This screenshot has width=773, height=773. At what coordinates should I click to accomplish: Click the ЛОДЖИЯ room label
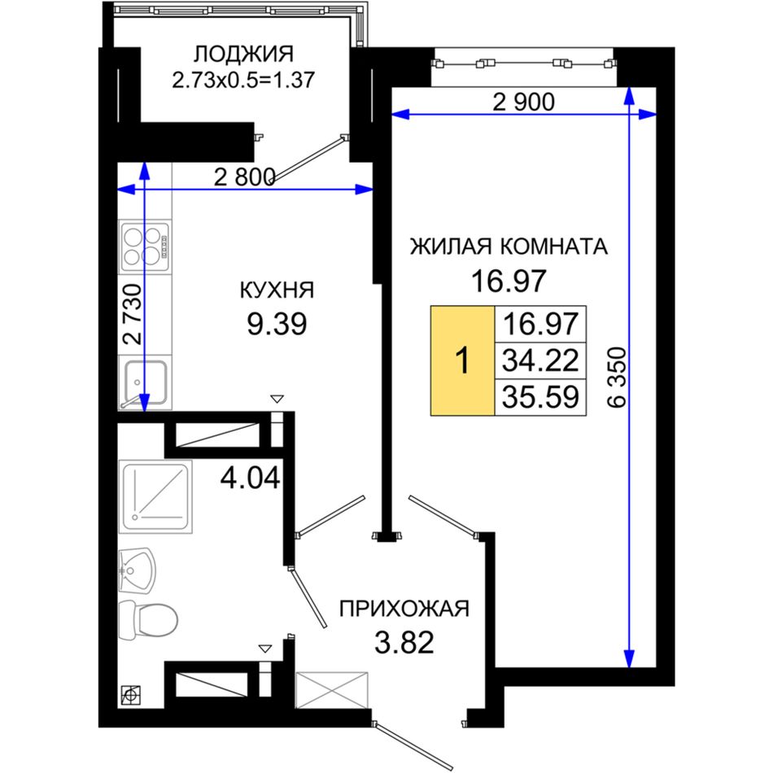[243, 55]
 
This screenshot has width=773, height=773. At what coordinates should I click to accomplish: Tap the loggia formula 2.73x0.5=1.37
[243, 80]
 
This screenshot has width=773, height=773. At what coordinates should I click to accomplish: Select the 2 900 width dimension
[523, 102]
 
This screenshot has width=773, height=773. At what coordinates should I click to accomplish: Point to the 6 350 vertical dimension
[617, 377]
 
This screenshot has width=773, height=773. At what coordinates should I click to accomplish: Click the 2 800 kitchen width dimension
[245, 177]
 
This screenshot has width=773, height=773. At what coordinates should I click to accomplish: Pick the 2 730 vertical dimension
[133, 314]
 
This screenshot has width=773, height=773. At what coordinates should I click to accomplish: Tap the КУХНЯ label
[277, 290]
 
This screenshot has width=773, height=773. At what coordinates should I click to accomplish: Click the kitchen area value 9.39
[277, 324]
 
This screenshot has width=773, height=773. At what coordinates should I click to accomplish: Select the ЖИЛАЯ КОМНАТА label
[509, 247]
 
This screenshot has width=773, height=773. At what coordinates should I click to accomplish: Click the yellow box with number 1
[462, 360]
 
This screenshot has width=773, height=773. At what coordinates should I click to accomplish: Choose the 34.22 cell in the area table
[540, 360]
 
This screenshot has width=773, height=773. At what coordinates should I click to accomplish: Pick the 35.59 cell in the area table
[540, 397]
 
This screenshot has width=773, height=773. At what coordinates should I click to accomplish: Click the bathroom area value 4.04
[250, 478]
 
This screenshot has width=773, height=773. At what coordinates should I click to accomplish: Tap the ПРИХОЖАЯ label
[404, 609]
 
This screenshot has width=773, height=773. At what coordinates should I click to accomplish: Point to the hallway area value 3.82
[404, 642]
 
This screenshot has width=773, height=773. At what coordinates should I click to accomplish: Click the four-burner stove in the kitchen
[146, 247]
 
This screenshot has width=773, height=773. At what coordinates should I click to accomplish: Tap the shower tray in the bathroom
[155, 497]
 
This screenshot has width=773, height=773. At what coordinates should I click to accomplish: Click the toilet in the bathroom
[148, 619]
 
